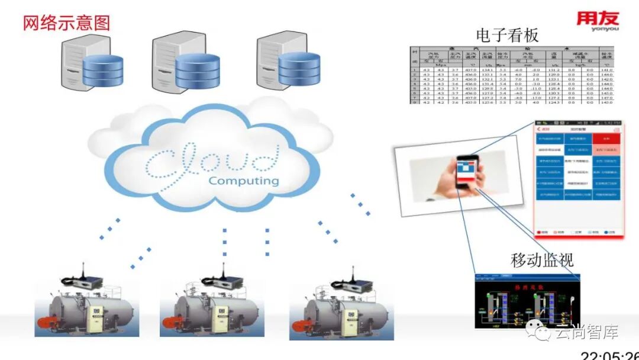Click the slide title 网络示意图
click(x=66, y=22)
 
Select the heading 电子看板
click(x=507, y=36)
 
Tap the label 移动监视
click(x=542, y=259)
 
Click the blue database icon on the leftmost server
click(x=103, y=70)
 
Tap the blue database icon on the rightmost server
click(x=299, y=68)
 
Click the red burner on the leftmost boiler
click(x=46, y=323)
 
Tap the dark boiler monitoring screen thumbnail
click(x=527, y=301)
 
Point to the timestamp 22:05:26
click(x=609, y=355)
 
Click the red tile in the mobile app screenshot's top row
click(x=605, y=139)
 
